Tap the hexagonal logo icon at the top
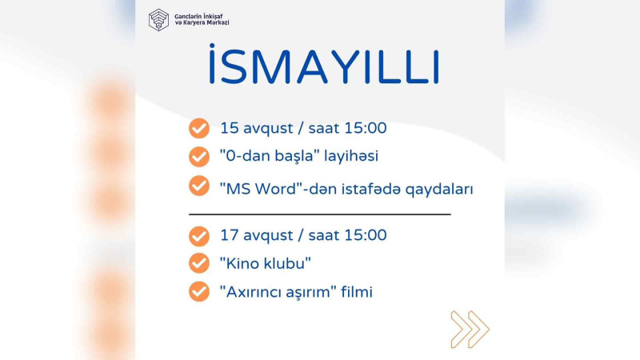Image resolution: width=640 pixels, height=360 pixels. pyautogui.click(x=159, y=19)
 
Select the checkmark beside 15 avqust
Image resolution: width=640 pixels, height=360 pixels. pyautogui.click(x=198, y=128)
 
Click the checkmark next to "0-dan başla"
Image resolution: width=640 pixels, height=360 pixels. pyautogui.click(x=198, y=155)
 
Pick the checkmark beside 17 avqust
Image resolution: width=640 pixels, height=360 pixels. pyautogui.click(x=198, y=237)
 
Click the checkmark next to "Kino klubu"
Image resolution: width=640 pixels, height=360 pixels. pyautogui.click(x=198, y=263)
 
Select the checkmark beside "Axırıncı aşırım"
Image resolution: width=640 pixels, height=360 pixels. pyautogui.click(x=198, y=291)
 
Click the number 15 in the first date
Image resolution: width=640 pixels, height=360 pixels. pyautogui.click(x=229, y=128)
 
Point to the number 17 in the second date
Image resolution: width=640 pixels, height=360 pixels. pyautogui.click(x=229, y=236)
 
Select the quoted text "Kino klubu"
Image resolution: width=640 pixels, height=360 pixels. pyautogui.click(x=265, y=263)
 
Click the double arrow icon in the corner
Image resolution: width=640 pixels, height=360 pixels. pyautogui.click(x=469, y=329)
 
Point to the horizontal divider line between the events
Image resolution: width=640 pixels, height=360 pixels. pyautogui.click(x=320, y=214)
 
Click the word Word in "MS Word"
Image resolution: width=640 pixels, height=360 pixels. pyautogui.click(x=274, y=190)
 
